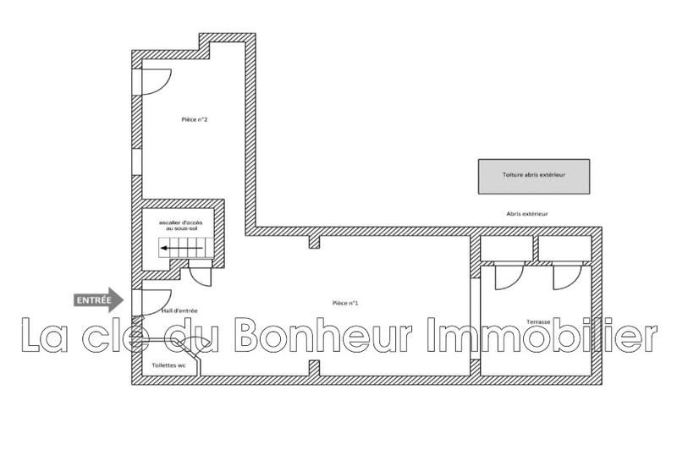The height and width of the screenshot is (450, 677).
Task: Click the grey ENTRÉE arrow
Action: (x=99, y=299)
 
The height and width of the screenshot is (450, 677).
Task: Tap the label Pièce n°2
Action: (x=195, y=119)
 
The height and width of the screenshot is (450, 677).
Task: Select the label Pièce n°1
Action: (x=347, y=303)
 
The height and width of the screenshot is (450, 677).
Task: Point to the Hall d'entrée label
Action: (x=179, y=310)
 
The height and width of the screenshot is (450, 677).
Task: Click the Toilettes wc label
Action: (x=168, y=365)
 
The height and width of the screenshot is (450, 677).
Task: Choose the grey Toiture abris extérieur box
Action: (x=533, y=175)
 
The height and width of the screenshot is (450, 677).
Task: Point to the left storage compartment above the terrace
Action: (x=506, y=247)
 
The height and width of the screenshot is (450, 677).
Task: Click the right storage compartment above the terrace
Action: (x=565, y=247)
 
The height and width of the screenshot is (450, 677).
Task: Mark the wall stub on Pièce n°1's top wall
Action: (x=314, y=243)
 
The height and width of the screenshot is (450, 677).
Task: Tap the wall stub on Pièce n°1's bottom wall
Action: (x=314, y=367)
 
